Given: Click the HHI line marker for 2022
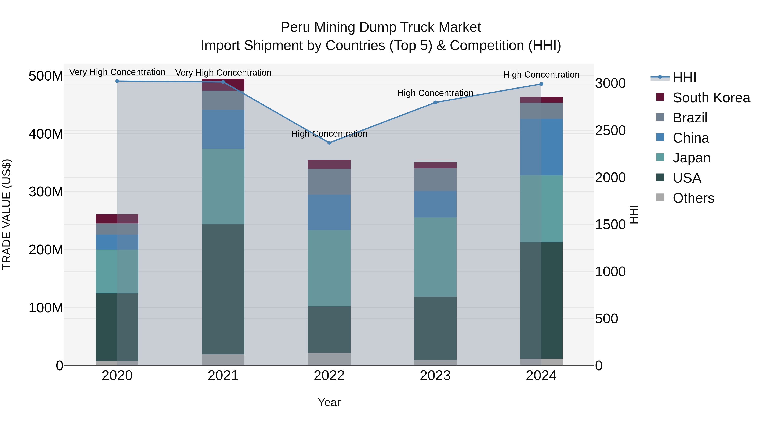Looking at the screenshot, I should (x=329, y=143).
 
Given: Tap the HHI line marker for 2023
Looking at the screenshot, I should (x=435, y=103).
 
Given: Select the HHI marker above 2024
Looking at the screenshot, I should (x=541, y=84).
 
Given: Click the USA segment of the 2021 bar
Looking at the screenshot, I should (x=223, y=289).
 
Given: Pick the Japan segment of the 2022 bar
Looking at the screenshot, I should (x=329, y=268).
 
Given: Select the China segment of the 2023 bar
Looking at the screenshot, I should (x=435, y=204).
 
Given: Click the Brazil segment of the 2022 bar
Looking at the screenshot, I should (x=329, y=182).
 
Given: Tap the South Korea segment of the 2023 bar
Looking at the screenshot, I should (x=435, y=165).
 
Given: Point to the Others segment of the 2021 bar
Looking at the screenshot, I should (x=223, y=360).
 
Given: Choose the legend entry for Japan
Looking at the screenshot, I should (x=691, y=158).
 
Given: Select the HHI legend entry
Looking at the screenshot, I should (x=684, y=78).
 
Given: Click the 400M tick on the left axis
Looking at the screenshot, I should (x=46, y=134).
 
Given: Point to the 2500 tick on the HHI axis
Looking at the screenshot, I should (x=610, y=131).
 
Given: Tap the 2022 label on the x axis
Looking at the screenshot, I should (x=329, y=376).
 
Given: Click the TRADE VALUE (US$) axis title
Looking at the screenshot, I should (x=7, y=214).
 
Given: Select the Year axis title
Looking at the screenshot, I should (x=329, y=402).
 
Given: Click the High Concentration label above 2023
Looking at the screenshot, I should (x=435, y=93).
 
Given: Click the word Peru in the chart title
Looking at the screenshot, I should (x=296, y=27).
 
